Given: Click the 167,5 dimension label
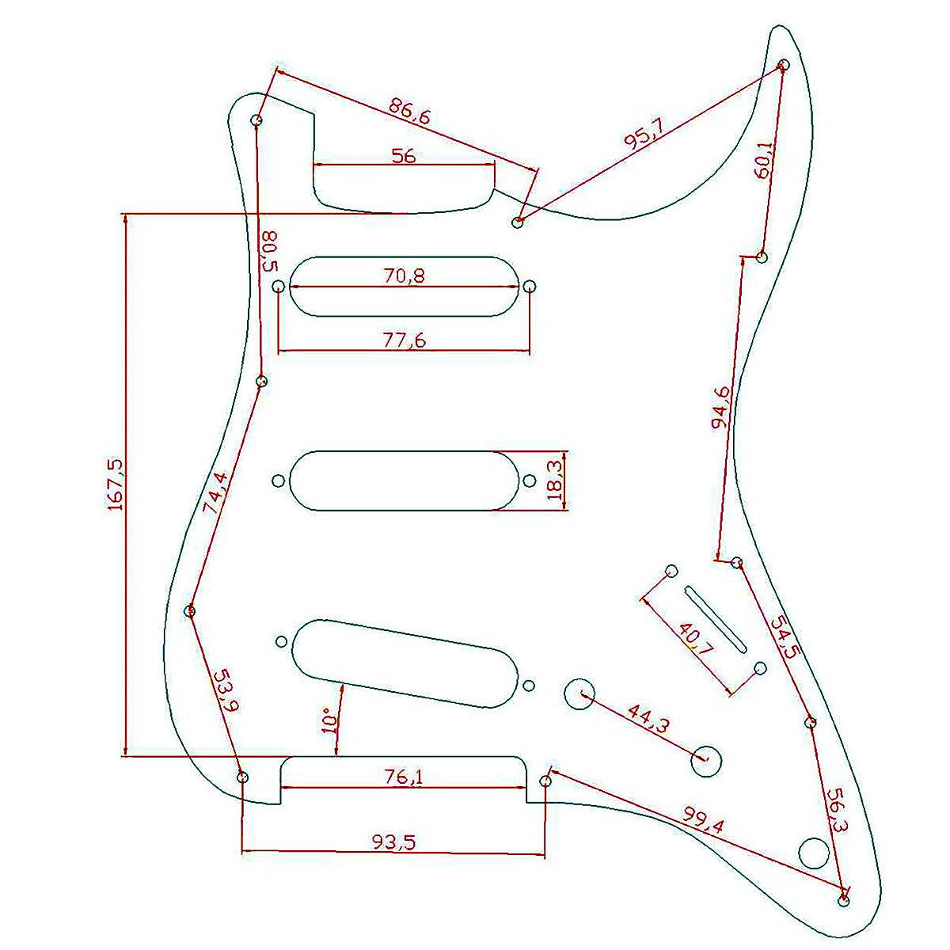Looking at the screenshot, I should (x=116, y=483).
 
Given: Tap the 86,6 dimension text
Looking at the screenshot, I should (x=409, y=112).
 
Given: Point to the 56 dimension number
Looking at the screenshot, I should (x=404, y=156).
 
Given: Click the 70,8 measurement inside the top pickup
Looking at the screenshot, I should (x=404, y=276).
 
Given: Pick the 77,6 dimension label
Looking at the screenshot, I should (x=404, y=340).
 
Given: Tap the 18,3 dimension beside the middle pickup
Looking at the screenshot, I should (x=556, y=480).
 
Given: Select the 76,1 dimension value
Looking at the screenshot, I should (x=404, y=777).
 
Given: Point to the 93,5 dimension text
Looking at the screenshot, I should (x=394, y=842).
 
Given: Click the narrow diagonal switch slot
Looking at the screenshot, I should (x=715, y=619).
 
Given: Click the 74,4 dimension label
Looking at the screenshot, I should (x=215, y=494).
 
